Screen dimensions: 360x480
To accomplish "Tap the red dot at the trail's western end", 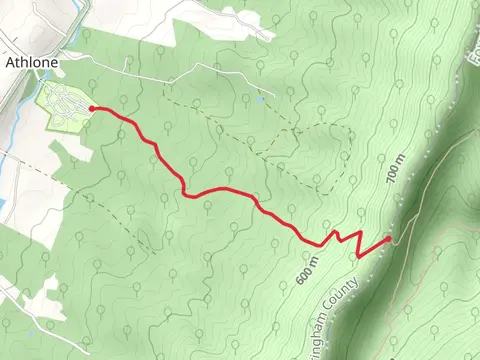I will [x=92, y=108].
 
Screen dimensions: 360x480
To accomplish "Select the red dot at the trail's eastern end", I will [x=388, y=240].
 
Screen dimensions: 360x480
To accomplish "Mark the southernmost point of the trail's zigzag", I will [x=357, y=256].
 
